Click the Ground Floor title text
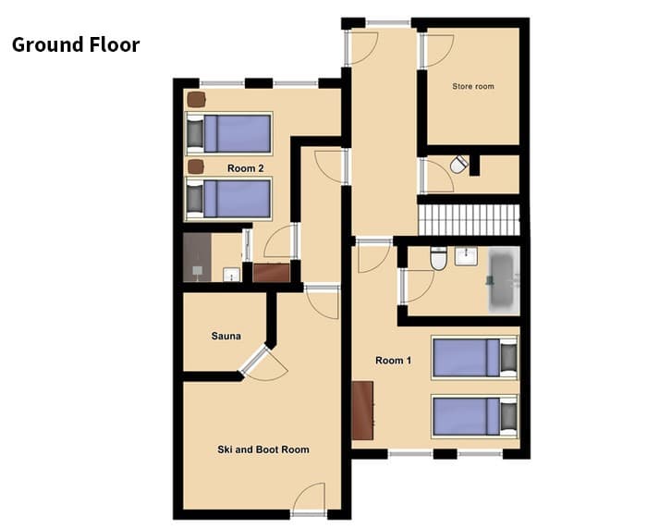(x=76, y=44)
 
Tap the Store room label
(x=472, y=87)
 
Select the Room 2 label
(x=246, y=168)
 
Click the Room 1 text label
(x=393, y=360)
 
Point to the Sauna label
(x=226, y=336)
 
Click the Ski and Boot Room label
(x=263, y=449)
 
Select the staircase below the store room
(x=470, y=220)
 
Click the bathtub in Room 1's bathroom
(x=504, y=281)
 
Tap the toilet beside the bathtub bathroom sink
(x=439, y=259)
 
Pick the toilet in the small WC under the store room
(x=458, y=164)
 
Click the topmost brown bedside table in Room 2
(x=195, y=99)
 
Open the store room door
(x=436, y=51)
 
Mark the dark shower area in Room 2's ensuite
(x=198, y=258)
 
